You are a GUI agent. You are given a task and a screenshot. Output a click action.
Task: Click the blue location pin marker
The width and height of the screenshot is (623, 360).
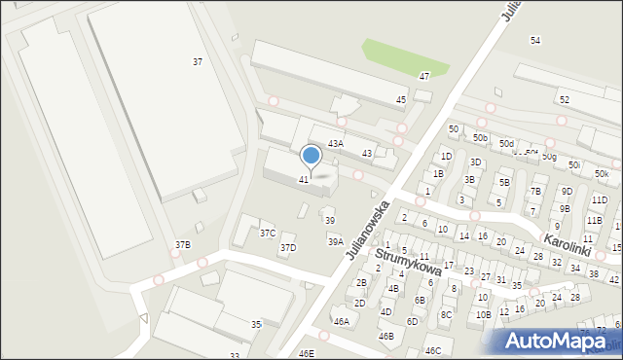pos(311,156)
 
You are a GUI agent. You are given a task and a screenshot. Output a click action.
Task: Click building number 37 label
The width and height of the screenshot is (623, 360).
pos(198,61)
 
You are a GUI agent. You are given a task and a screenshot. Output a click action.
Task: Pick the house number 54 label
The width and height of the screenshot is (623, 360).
pos(535,40)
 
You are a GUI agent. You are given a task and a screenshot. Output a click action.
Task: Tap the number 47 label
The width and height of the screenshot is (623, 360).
pos(424,76)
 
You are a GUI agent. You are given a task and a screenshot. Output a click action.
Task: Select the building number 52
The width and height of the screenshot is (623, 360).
pos(565,100)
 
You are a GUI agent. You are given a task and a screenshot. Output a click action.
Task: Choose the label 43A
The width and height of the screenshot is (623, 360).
pos(335,143)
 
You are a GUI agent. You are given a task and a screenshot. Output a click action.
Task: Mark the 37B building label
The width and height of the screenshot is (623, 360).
pos(182,245)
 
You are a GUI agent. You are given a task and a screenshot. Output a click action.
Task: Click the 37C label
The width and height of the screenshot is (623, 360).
pos(268,234)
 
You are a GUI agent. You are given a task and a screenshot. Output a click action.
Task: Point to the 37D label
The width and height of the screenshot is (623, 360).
pos(288,248)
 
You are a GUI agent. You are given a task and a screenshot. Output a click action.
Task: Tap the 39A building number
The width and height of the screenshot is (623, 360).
pos(335,241)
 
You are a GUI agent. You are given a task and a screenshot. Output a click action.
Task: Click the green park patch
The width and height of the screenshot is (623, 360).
pos(405,57)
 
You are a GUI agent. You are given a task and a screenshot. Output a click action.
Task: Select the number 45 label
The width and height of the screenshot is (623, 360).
pos(401,100)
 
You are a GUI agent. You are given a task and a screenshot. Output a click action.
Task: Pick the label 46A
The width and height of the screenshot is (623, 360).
pos(341,321)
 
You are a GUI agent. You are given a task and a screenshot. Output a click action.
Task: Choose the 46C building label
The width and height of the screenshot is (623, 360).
pos(432,350)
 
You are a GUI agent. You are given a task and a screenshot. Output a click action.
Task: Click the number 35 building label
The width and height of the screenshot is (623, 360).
pos(256,324)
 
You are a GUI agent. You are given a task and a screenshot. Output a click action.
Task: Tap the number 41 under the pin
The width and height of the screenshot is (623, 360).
pos(304,180)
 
